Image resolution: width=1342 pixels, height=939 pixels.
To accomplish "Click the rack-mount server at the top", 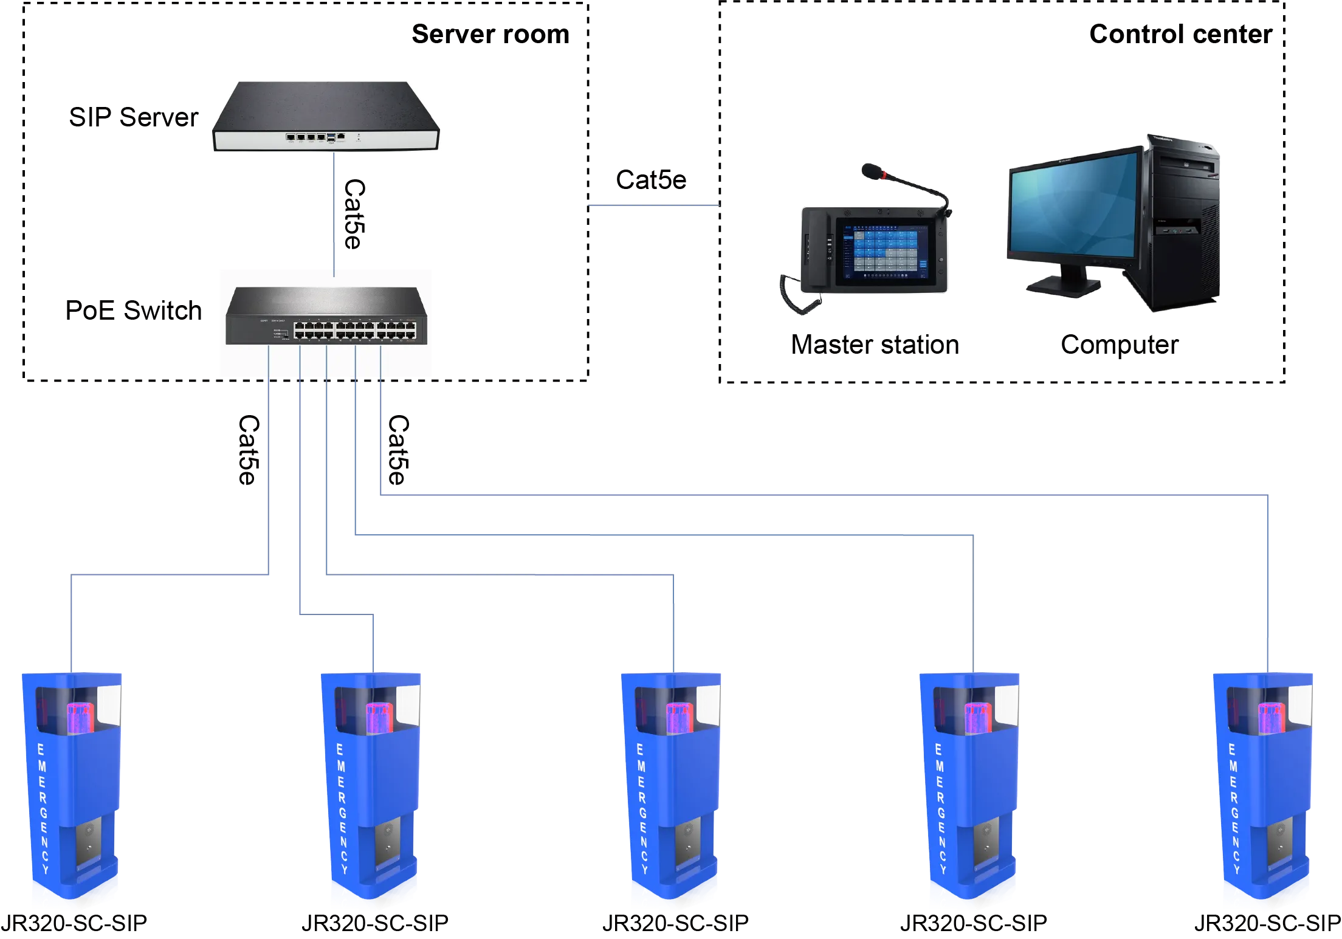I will click(325, 115).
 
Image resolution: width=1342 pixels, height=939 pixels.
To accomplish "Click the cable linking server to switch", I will click(334, 213).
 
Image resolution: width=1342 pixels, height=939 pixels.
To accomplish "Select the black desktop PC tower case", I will click(1182, 225).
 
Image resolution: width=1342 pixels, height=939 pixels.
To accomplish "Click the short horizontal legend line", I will click(653, 207).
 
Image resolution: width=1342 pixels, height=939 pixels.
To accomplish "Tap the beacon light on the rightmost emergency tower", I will click(1271, 717).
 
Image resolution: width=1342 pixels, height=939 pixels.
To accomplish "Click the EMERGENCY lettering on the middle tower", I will click(642, 808).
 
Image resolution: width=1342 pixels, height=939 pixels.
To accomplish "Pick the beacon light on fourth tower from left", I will click(978, 717).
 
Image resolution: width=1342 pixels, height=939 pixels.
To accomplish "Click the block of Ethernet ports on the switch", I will click(356, 330).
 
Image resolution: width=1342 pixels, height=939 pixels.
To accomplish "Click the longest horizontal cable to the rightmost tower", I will click(821, 493).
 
